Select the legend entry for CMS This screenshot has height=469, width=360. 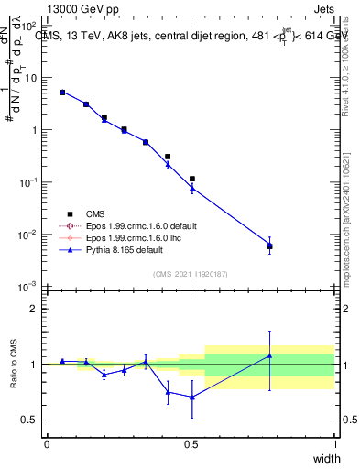(x=111, y=213)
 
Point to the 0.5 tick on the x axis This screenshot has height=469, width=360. (x=191, y=443)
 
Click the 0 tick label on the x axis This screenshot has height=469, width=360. (x=47, y=443)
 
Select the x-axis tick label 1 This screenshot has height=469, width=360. (x=334, y=443)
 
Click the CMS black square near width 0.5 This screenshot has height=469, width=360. (x=191, y=179)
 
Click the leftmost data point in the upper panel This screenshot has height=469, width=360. (x=62, y=92)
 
